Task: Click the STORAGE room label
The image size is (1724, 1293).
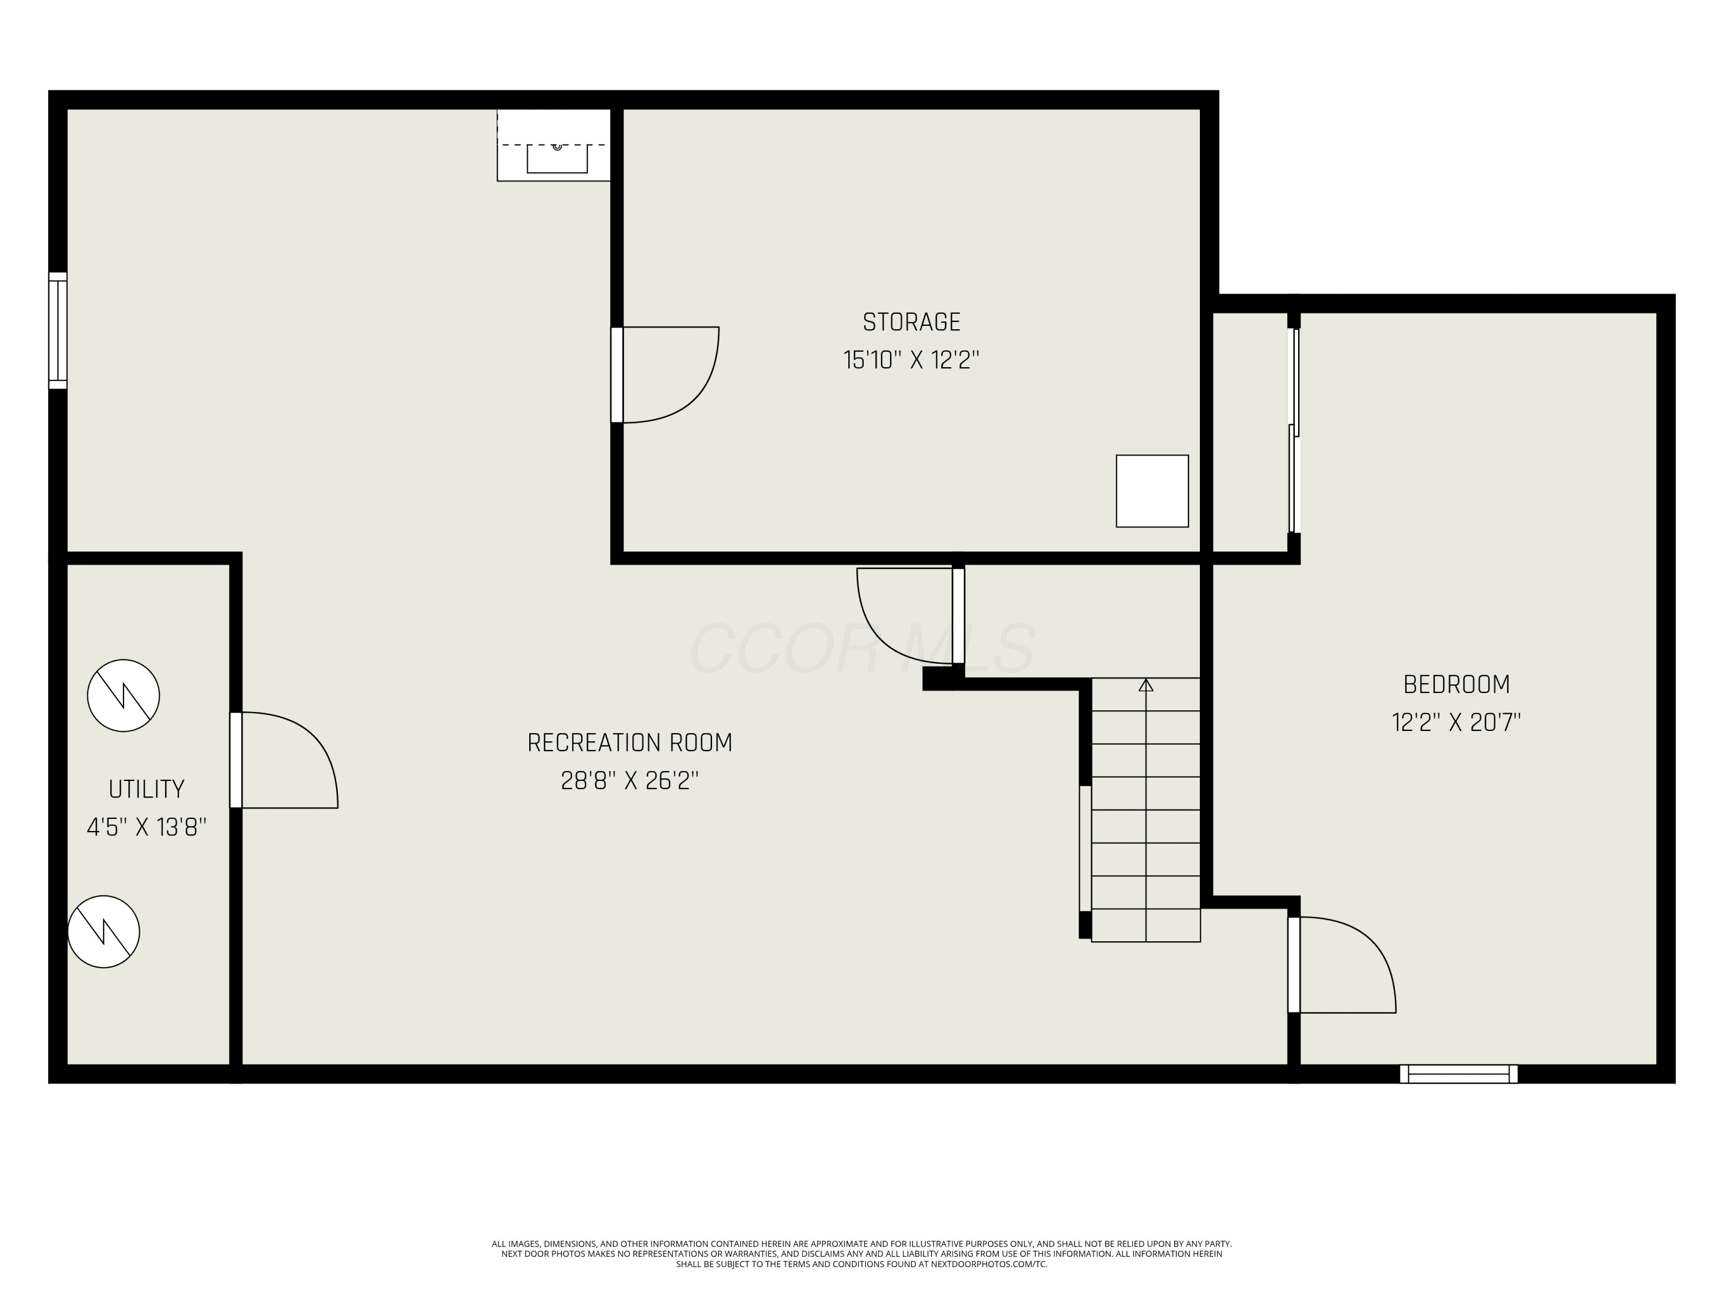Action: [911, 322]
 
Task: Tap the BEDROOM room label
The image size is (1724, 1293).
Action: [1456, 684]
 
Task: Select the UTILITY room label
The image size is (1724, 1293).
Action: [147, 790]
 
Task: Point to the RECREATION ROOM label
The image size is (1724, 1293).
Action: [630, 742]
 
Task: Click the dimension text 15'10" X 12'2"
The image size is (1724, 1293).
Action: [911, 360]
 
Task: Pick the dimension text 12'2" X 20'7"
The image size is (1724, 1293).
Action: [1456, 722]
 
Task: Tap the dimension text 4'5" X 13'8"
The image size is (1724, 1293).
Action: [147, 827]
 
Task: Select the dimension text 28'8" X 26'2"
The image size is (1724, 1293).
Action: [630, 780]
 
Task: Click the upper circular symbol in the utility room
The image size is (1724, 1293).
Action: [123, 695]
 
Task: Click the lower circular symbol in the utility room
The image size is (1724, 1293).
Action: [103, 932]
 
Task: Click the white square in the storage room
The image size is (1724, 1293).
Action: [1152, 491]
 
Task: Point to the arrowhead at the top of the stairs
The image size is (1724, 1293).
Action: [1146, 685]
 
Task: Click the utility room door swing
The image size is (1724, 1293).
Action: [314, 737]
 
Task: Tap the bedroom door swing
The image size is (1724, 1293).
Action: [1372, 941]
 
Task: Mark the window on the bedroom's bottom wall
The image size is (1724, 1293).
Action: [1459, 1074]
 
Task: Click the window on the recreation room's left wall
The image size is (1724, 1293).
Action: [57, 330]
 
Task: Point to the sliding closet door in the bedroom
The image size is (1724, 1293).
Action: [1294, 430]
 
